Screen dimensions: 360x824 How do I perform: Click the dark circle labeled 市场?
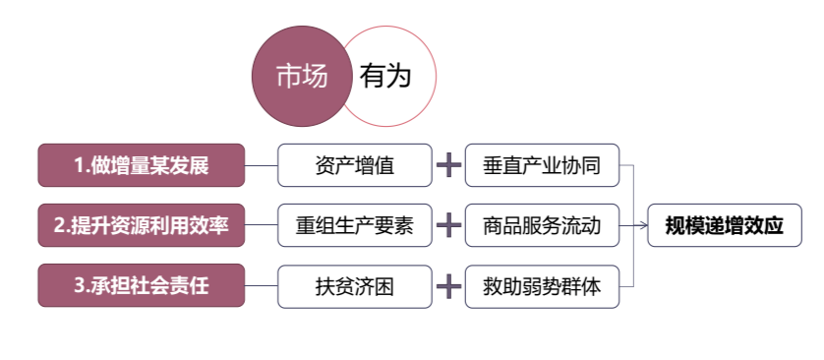pyautogui.click(x=301, y=76)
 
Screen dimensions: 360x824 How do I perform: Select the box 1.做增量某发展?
pyautogui.click(x=141, y=165)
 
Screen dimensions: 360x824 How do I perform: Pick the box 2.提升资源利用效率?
pyautogui.click(x=141, y=225)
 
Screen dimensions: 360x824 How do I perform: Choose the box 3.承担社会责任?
pyautogui.click(x=141, y=286)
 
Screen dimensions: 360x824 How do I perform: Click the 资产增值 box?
pyautogui.click(x=354, y=165)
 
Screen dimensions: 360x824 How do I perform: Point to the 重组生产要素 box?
pyautogui.click(x=354, y=225)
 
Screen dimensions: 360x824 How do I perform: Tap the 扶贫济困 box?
pyautogui.click(x=354, y=286)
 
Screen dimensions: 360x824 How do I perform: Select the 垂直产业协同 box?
pyautogui.click(x=542, y=165)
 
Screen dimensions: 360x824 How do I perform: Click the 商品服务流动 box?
pyautogui.click(x=542, y=225)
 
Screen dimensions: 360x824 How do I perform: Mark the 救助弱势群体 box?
pyautogui.click(x=542, y=286)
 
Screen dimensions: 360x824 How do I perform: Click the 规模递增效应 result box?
pyautogui.click(x=724, y=225)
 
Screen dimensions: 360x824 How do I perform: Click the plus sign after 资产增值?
pyautogui.click(x=448, y=165)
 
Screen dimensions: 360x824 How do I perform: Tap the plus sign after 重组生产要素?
pyautogui.click(x=448, y=225)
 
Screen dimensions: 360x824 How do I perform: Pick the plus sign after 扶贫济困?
pyautogui.click(x=448, y=286)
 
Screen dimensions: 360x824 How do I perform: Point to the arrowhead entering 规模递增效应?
pyautogui.click(x=643, y=225)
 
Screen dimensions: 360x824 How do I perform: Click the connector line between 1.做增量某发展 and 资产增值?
pyautogui.click(x=261, y=165)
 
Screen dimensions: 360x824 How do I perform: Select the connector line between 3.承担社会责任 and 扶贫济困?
pyautogui.click(x=261, y=286)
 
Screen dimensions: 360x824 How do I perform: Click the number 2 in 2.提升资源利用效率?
pyautogui.click(x=59, y=225)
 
